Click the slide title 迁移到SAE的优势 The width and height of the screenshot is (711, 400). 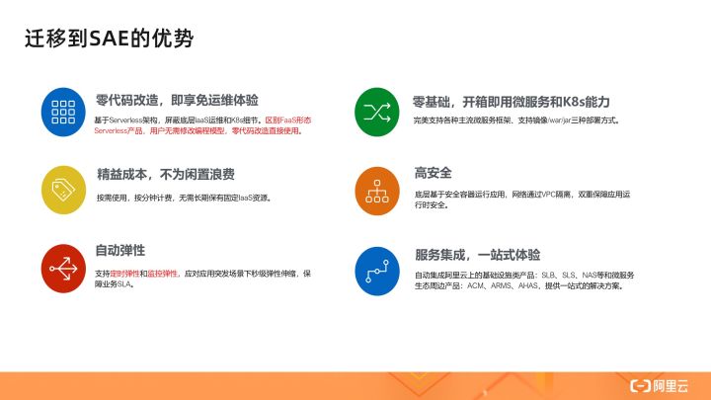click(109, 39)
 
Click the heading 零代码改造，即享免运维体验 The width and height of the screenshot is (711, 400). click(178, 100)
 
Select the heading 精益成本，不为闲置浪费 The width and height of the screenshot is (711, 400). click(166, 175)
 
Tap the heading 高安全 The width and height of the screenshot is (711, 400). click(433, 173)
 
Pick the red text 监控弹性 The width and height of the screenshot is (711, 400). click(163, 272)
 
